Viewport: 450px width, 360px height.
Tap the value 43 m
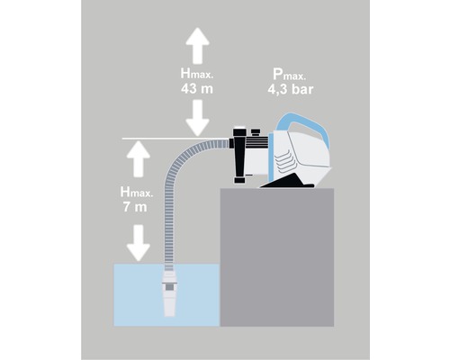195,90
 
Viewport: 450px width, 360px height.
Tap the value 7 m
135,206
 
